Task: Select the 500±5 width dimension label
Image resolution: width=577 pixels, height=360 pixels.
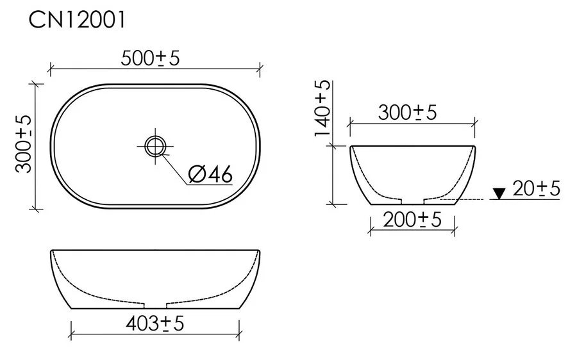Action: coord(151,58)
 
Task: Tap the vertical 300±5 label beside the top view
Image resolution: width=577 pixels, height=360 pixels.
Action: coord(24,145)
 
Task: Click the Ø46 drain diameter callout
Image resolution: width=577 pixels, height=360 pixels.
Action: coord(210,174)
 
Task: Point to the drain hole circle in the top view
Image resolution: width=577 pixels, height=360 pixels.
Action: coord(155,146)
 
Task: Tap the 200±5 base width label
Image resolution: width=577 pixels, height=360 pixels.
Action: coord(412,220)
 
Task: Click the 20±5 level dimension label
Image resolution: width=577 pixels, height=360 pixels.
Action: coord(537,188)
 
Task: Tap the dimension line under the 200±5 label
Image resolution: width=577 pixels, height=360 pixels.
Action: coord(385,229)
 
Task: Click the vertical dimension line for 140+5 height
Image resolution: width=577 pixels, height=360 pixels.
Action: coord(333,173)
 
